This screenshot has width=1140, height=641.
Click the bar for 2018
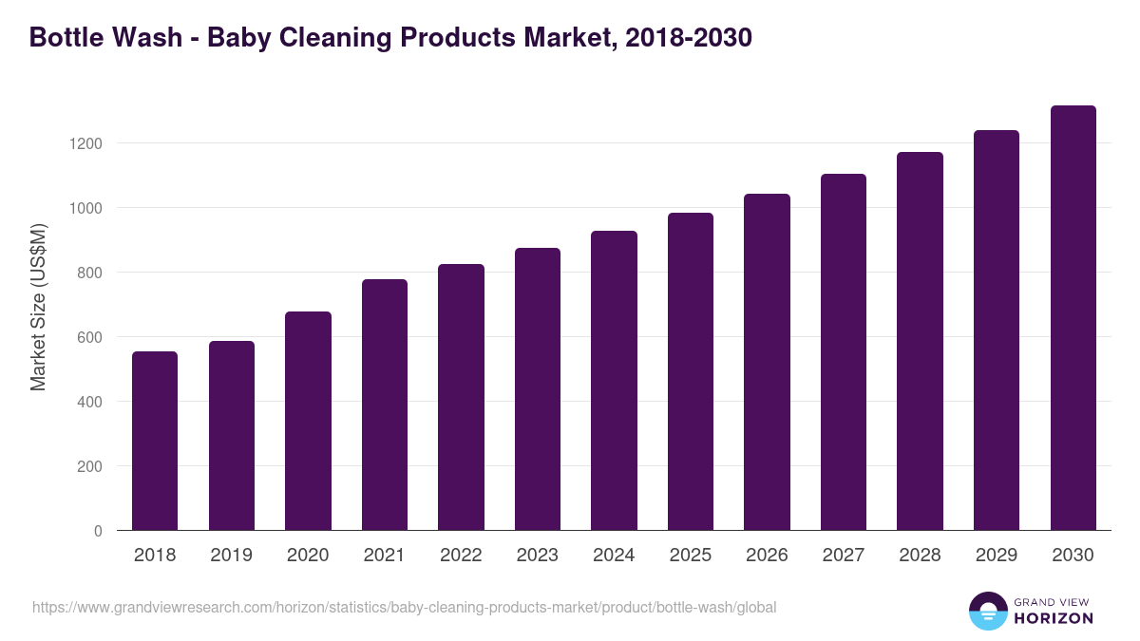(x=155, y=441)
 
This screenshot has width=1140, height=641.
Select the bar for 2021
(x=385, y=405)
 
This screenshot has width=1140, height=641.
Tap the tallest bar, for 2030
(x=1073, y=318)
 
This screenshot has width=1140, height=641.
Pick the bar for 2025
(x=691, y=371)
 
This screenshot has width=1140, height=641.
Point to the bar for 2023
(x=538, y=389)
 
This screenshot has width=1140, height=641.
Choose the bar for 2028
(x=921, y=341)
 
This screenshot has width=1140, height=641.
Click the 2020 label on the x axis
(x=308, y=556)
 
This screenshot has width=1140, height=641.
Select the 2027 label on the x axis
(x=844, y=556)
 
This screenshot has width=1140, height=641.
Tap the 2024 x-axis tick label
(x=614, y=556)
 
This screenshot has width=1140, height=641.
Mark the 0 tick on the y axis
(x=98, y=531)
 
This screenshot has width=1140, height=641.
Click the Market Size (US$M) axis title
(x=38, y=307)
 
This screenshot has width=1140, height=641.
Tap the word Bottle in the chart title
(x=66, y=38)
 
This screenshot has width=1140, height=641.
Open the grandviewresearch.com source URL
(x=405, y=607)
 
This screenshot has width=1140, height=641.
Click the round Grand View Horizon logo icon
(x=988, y=612)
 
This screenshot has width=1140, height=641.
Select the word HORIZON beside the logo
(x=1054, y=618)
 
